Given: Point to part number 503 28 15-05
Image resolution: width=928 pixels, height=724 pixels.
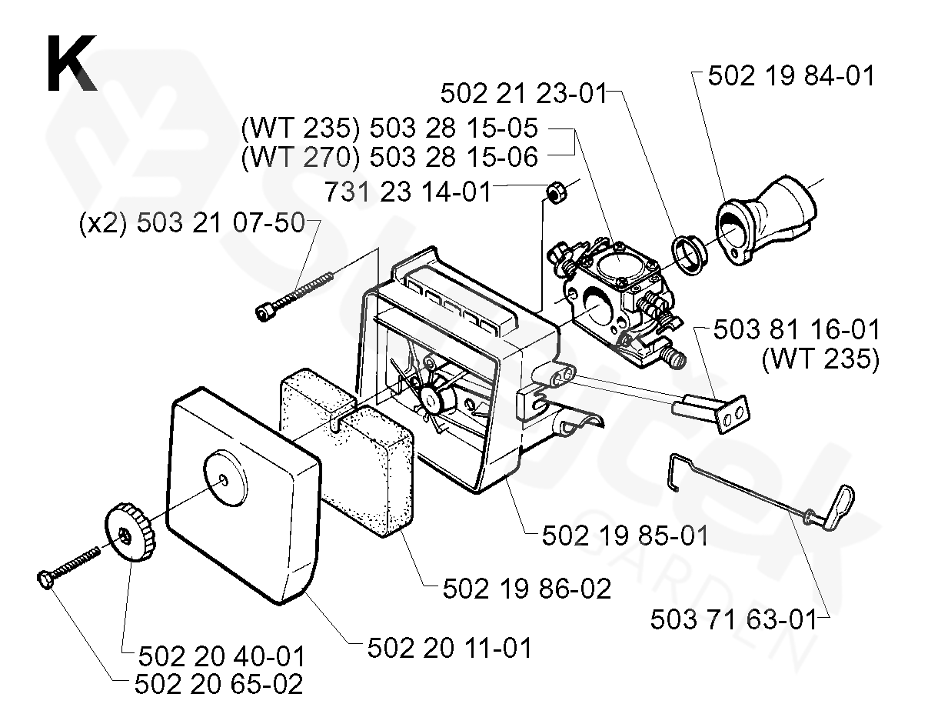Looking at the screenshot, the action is click(454, 128).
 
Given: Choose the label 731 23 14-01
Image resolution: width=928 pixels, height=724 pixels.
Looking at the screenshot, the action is click(407, 191).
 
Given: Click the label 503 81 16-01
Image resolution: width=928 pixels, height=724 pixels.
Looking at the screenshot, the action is click(796, 330).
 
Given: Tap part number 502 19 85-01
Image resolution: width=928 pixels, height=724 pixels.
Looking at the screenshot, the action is click(624, 535).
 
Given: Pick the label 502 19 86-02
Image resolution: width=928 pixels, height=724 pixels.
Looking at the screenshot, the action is click(527, 589).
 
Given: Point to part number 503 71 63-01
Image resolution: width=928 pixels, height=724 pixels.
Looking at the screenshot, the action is click(733, 619).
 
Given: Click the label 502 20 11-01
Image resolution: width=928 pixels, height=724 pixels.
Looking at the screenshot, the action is click(449, 648).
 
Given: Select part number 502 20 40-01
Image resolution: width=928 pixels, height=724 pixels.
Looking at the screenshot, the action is click(221, 656).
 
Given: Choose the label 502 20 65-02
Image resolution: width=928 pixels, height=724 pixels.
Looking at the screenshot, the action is click(218, 683).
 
